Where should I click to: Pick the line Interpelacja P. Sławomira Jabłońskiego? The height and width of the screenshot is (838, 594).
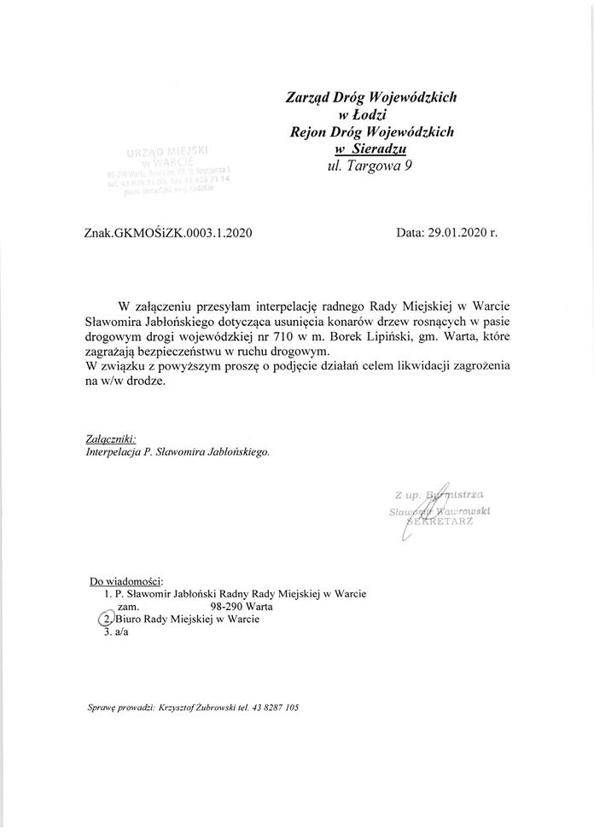pyautogui.click(x=178, y=452)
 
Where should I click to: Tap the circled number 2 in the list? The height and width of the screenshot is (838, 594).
pyautogui.click(x=106, y=620)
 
